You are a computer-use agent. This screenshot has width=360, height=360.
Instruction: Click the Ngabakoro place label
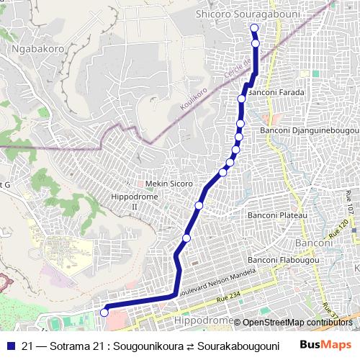(38, 49)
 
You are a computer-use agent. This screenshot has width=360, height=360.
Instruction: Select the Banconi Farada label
(276, 93)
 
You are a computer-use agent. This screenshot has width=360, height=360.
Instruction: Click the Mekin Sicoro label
(169, 184)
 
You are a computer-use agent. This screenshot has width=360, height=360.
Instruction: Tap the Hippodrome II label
(125, 201)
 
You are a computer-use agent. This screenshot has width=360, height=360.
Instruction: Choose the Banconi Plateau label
(277, 215)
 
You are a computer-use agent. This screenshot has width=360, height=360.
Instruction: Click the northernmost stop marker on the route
(253, 29)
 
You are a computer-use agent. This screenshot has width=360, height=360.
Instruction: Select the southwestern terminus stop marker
(104, 312)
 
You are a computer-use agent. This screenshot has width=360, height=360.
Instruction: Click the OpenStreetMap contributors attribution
(297, 323)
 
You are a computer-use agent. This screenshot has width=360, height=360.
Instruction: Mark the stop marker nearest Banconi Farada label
(242, 98)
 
